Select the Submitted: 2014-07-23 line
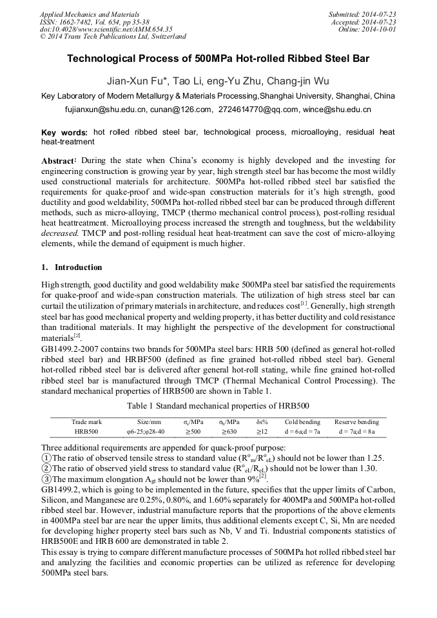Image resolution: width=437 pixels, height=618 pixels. click(x=362, y=14)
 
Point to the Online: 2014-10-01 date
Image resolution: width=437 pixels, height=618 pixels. click(x=371, y=30)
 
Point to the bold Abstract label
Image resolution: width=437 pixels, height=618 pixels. click(x=59, y=160)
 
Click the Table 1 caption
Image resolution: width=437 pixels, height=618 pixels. click(x=218, y=406)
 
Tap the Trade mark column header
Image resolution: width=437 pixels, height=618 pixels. click(x=86, y=422)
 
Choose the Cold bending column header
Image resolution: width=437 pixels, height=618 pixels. click(x=302, y=422)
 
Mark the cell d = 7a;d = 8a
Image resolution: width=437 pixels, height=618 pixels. click(x=356, y=432)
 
